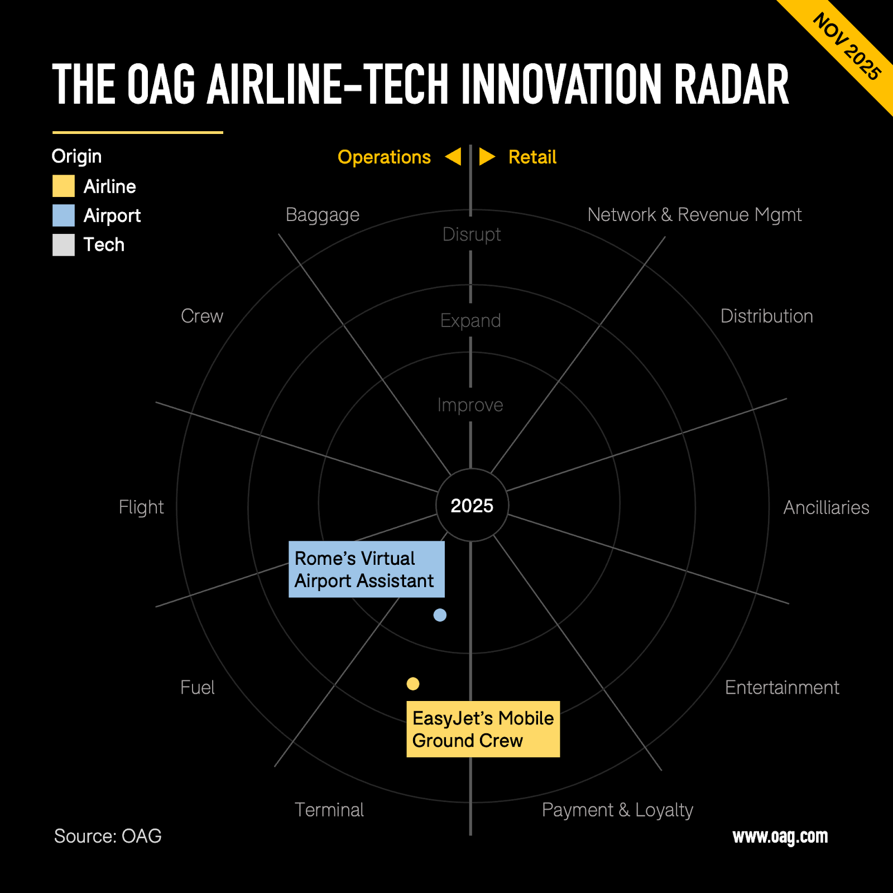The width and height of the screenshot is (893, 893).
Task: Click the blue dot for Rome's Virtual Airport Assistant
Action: click(440, 615)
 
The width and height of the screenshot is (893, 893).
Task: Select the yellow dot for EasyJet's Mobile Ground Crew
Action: click(413, 684)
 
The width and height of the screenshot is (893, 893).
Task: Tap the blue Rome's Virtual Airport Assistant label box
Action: click(367, 569)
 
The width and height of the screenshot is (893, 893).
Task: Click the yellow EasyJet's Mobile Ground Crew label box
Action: click(483, 729)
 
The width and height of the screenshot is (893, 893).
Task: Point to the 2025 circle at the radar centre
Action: click(472, 505)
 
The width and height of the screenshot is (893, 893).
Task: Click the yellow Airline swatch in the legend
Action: click(64, 186)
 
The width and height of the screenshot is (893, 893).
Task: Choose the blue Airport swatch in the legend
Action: click(64, 215)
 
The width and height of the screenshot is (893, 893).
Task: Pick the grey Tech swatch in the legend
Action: click(64, 244)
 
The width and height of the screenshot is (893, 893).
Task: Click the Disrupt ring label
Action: click(472, 234)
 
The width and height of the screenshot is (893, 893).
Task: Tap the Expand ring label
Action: click(470, 321)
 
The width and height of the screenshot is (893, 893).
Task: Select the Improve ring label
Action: click(470, 405)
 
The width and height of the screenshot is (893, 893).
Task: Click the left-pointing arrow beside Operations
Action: click(453, 157)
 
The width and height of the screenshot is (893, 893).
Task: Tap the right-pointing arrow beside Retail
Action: click(487, 157)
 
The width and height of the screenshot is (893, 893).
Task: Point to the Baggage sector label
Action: click(323, 215)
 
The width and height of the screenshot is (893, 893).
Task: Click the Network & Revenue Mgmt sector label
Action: click(694, 214)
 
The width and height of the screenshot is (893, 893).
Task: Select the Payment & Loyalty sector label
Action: click(617, 810)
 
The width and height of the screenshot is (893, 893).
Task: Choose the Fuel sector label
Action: click(198, 687)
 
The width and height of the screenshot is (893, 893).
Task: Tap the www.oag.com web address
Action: click(780, 837)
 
